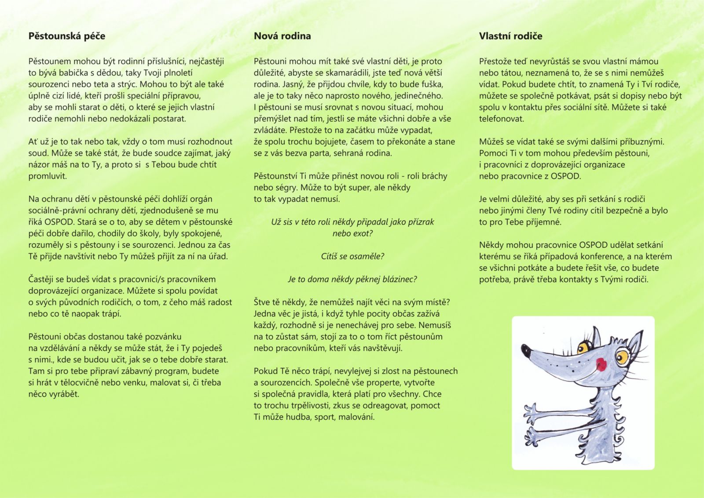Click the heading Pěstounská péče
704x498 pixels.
pyautogui.click(x=67, y=36)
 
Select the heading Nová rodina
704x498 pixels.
pyautogui.click(x=282, y=36)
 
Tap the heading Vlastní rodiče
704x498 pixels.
pyautogui.click(x=510, y=36)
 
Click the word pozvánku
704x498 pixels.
pyautogui.click(x=160, y=337)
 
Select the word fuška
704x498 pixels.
pyautogui.click(x=431, y=84)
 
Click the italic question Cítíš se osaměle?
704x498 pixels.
pyautogui.click(x=352, y=256)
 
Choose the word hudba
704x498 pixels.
pyautogui.click(x=298, y=417)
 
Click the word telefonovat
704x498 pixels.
pyautogui.click(x=502, y=119)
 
